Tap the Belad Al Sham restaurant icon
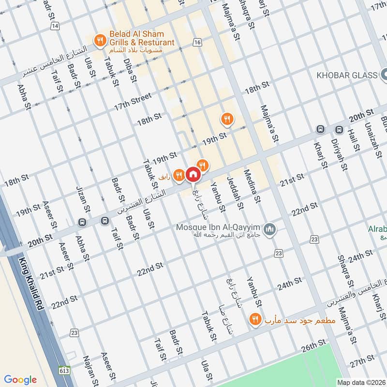pyautogui.click(x=100, y=40)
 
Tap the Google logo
pyautogui.click(x=20, y=379)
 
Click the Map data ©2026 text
pyautogui.click(x=360, y=382)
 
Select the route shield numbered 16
pyautogui.click(x=196, y=43)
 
